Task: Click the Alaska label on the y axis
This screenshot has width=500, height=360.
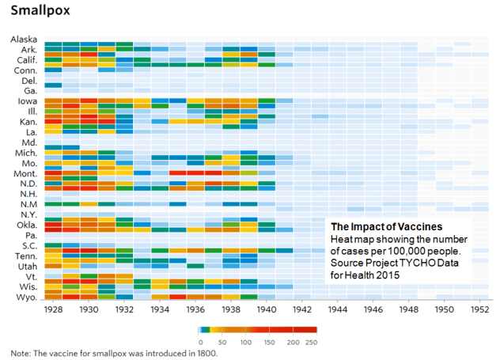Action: click(x=25, y=40)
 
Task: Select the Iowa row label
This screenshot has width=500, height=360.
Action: click(x=28, y=101)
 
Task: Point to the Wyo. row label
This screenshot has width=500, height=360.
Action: click(x=26, y=297)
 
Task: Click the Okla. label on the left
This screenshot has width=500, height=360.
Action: click(x=26, y=225)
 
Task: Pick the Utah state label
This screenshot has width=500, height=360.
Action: click(x=27, y=267)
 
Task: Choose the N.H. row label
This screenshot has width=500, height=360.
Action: click(x=28, y=194)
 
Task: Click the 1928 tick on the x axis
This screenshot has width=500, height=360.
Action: click(x=52, y=310)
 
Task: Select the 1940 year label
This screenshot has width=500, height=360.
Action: click(x=267, y=310)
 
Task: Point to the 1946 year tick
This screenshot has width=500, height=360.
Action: click(x=373, y=310)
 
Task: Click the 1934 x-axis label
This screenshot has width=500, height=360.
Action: click(x=159, y=310)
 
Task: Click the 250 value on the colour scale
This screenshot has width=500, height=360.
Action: click(x=311, y=341)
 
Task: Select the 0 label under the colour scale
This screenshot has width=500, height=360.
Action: click(x=200, y=341)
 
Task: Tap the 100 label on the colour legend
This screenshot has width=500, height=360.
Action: click(x=246, y=341)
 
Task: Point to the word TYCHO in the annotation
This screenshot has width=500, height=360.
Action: click(x=417, y=263)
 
